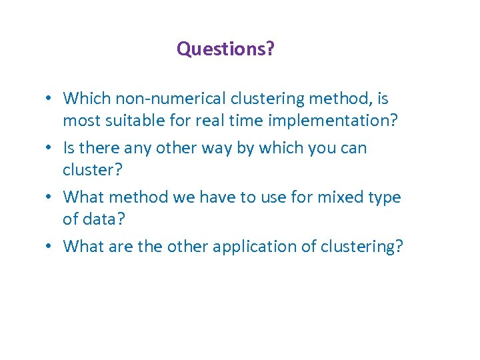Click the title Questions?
[x=225, y=49]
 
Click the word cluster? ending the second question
[x=93, y=170]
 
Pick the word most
[x=81, y=121]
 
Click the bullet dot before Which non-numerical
[x=50, y=99]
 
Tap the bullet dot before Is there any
[x=50, y=148]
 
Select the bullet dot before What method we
[x=50, y=198]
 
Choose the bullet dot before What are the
[x=50, y=247]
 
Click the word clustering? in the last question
[x=361, y=247]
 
